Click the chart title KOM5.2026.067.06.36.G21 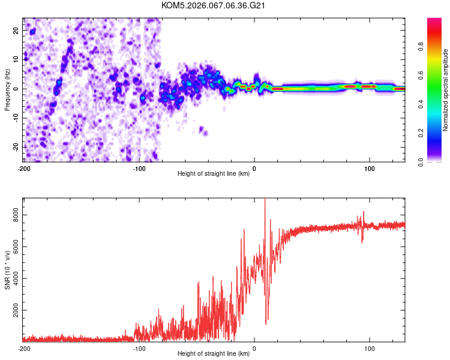[x=214, y=5]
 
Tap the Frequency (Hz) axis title [x=8, y=89]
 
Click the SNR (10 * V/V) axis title [x=8, y=269]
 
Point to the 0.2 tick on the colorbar [x=421, y=133]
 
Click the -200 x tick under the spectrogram [x=24, y=168]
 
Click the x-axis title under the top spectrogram [x=214, y=174]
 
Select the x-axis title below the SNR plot [x=214, y=355]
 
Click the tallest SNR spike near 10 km [x=265, y=200]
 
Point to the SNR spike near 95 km [x=363, y=212]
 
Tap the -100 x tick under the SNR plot [x=139, y=349]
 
